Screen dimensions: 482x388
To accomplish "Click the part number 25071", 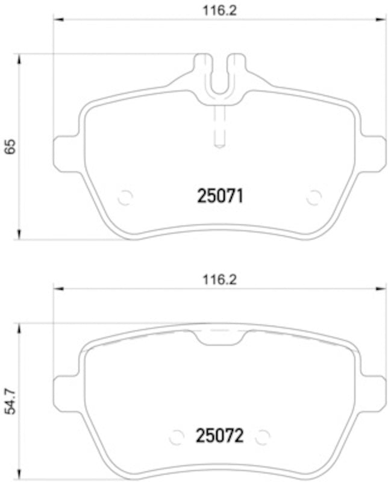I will (221, 196).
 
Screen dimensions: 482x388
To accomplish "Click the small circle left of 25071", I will (125, 197).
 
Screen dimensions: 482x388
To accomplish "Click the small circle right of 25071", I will (313, 197).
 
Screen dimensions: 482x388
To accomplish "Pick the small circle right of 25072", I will (263, 436).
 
